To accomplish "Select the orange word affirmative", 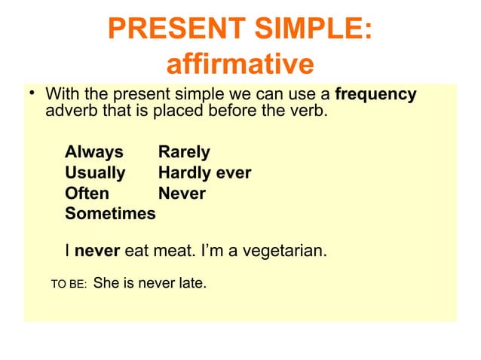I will tap(239, 65).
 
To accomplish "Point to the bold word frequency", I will tap(375, 96).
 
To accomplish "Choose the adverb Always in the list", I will tap(94, 153).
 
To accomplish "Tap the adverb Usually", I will tap(95, 173).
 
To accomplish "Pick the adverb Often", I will tap(87, 194).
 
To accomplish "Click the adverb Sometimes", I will tap(110, 214).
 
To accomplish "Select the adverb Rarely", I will tap(184, 153).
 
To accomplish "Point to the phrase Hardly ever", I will tap(204, 173).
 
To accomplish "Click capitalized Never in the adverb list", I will tap(182, 194).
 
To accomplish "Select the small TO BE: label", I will tap(68, 285).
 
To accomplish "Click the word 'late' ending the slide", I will tap(191, 285).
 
